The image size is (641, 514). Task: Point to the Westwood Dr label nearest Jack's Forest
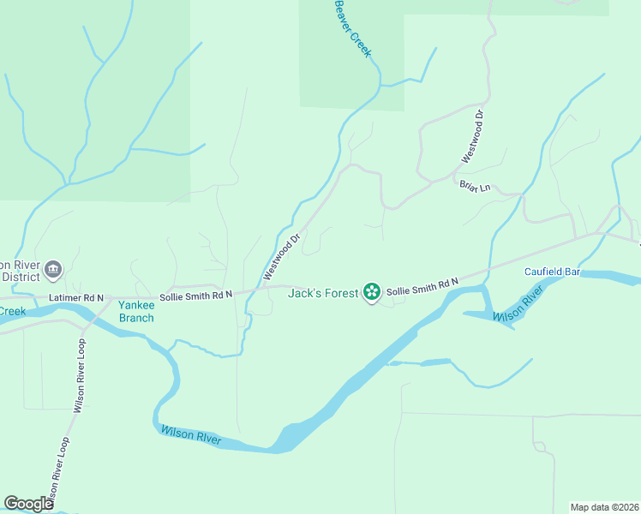click(281, 255)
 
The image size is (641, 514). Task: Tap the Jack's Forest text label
click(322, 293)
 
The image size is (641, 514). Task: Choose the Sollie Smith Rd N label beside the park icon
click(422, 287)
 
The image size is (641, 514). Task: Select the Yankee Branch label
click(136, 311)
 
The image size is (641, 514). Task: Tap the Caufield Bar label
click(553, 272)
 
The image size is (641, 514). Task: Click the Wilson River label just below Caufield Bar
click(518, 306)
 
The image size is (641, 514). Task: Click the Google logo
click(28, 504)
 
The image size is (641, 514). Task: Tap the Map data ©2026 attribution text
click(605, 506)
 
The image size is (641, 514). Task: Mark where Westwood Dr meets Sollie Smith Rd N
click(258, 291)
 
